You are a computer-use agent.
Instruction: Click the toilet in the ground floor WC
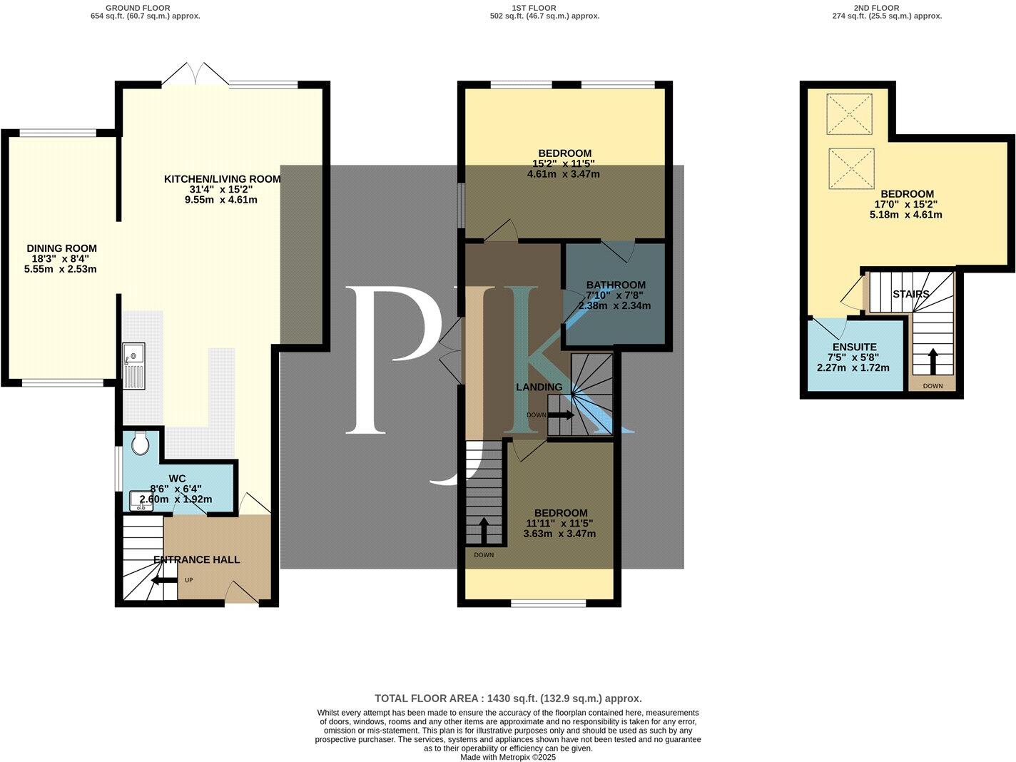[140, 444]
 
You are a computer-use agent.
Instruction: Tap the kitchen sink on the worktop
[133, 365]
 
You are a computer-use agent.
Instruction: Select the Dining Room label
[61, 248]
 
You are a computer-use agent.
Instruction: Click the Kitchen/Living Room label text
[222, 179]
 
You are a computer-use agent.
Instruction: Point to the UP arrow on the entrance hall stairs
[165, 580]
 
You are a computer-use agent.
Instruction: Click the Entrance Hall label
[197, 560]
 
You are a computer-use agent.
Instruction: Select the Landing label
[539, 387]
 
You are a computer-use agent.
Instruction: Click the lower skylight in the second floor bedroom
[851, 168]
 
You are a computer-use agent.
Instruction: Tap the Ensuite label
[853, 347]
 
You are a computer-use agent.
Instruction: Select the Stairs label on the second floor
[910, 294]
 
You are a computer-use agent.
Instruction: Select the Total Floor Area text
[508, 698]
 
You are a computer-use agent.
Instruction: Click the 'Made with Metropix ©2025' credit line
[508, 757]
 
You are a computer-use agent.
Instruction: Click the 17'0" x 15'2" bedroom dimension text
[906, 204]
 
